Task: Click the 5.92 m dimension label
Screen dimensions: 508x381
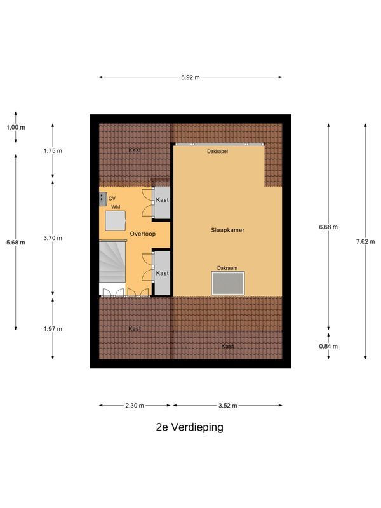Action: (x=190, y=77)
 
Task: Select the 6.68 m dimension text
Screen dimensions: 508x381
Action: (x=328, y=227)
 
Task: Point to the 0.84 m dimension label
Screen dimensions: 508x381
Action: (x=328, y=346)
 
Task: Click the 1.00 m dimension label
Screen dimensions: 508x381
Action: (x=15, y=127)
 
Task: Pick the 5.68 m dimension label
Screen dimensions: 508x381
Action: (x=15, y=242)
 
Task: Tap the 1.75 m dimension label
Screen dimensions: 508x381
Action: (x=53, y=151)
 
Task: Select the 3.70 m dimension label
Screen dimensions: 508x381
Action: (x=53, y=238)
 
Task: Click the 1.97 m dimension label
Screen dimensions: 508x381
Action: (x=53, y=329)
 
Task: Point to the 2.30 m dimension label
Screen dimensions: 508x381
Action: (x=134, y=406)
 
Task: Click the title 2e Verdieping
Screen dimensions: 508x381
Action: (x=189, y=427)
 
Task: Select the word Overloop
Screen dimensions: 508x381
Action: (x=143, y=234)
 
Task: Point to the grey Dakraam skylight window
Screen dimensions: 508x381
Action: (x=227, y=283)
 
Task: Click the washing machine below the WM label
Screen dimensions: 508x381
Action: (x=116, y=220)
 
